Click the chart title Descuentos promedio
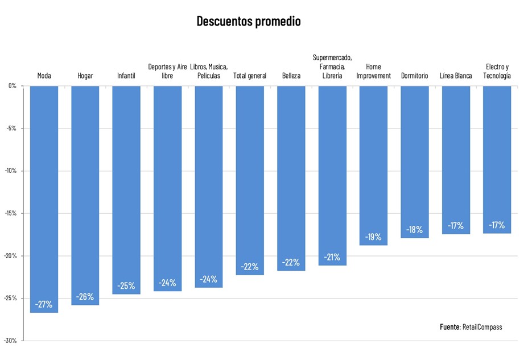248,22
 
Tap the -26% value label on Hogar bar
85,296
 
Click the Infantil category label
126,76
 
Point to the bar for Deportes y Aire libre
167,188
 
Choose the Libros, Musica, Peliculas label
208,72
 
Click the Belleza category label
291,76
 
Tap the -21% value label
332,257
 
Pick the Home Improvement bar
373,165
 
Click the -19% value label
373,237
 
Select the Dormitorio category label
414,76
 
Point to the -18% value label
414,230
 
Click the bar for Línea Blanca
456,159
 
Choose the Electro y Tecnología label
497,72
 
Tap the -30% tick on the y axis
11,341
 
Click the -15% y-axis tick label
11,213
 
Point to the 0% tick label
13,86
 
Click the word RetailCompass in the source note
482,327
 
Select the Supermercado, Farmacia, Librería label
332,67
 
